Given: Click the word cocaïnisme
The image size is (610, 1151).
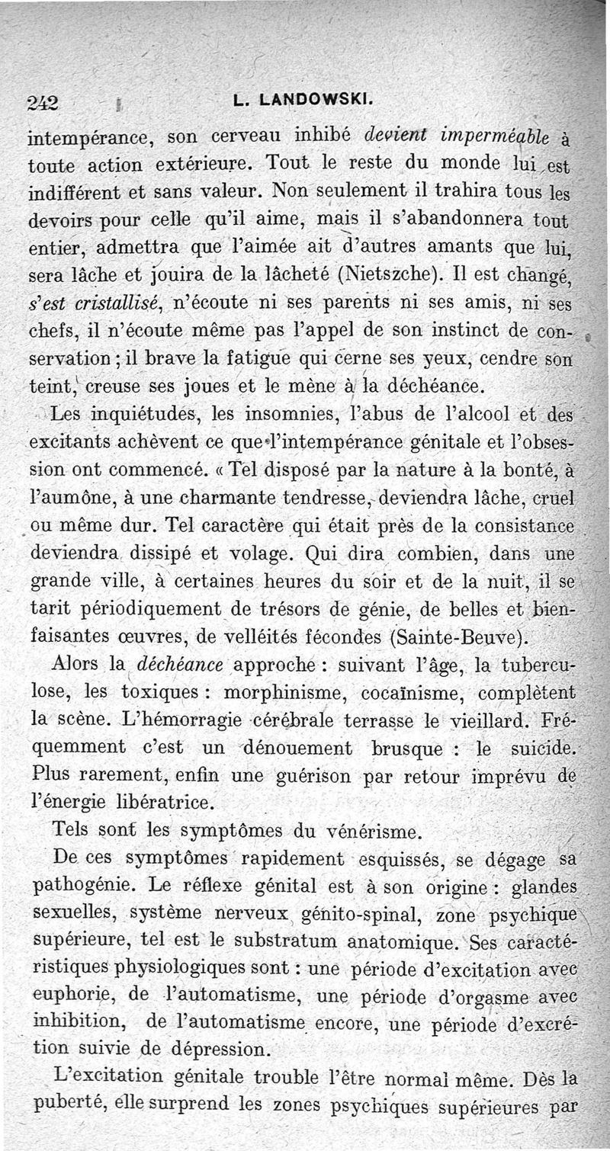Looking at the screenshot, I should [426, 694].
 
